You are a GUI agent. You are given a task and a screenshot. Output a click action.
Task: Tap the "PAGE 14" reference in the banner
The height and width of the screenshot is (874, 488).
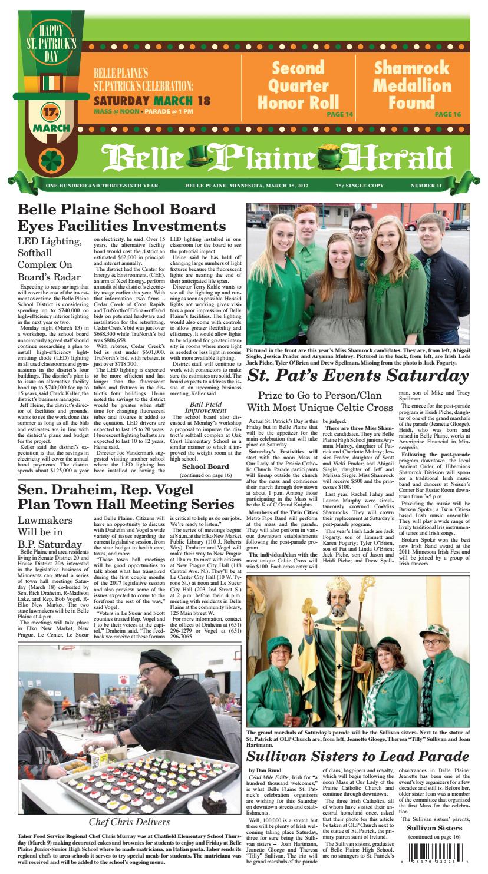point(335,114)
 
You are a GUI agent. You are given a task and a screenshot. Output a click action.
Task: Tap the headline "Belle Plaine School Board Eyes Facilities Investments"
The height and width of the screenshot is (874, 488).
point(122,218)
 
